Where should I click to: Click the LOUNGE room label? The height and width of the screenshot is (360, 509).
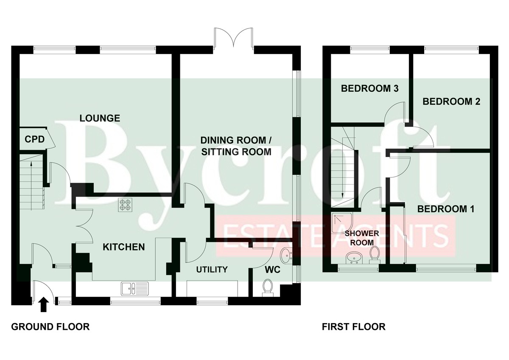tap(100, 118)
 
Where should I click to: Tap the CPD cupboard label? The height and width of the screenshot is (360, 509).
tap(34, 139)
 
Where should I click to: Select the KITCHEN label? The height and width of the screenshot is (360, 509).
tap(123, 247)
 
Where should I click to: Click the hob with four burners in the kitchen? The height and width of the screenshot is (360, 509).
tap(125, 205)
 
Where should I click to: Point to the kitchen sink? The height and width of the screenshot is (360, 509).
tap(135, 289)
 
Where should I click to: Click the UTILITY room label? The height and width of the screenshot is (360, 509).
tap(212, 270)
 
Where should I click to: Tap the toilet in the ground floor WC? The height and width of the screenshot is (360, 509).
tap(268, 288)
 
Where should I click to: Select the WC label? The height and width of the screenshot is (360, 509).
tap(273, 270)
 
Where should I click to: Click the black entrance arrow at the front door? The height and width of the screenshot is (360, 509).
tap(43, 305)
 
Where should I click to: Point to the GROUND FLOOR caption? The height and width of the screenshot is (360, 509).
tap(50, 327)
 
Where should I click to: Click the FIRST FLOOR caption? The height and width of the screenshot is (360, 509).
tap(354, 327)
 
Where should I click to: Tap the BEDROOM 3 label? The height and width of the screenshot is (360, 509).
tap(370, 88)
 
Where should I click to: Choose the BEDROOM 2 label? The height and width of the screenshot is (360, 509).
tap(451, 101)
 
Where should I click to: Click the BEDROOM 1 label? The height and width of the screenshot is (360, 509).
tap(446, 209)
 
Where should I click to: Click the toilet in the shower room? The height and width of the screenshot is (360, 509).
tap(375, 255)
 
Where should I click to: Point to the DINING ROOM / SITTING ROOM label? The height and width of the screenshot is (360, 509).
tap(236, 146)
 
